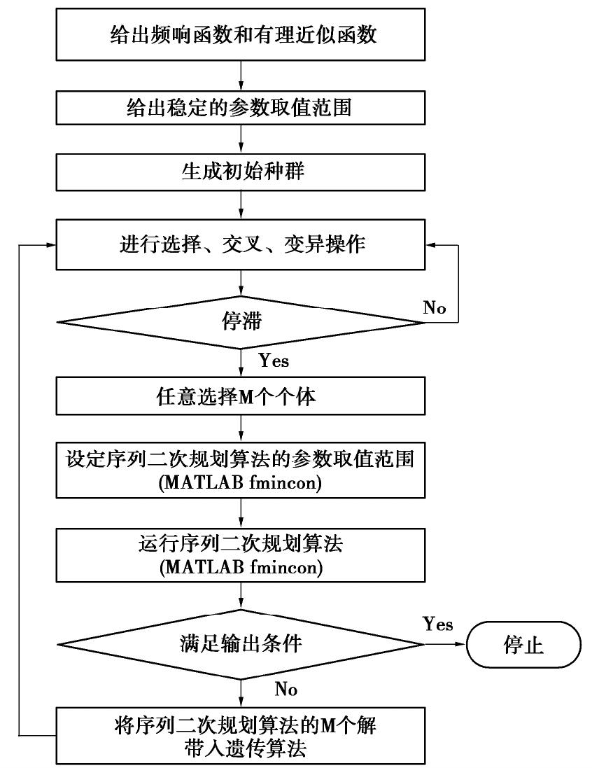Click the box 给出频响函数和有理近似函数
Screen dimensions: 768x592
(241, 35)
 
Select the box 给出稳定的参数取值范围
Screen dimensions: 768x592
(241, 109)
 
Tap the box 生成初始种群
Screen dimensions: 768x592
(241, 172)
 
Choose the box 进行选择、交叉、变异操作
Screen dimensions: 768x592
(241, 245)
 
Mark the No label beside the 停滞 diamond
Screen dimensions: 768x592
(435, 307)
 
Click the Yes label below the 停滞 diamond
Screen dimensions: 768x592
(274, 362)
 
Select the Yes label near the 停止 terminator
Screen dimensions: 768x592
(438, 624)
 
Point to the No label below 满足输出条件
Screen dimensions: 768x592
(286, 690)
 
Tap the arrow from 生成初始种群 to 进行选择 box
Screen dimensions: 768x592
(241, 205)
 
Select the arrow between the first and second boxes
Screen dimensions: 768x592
(241, 75)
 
